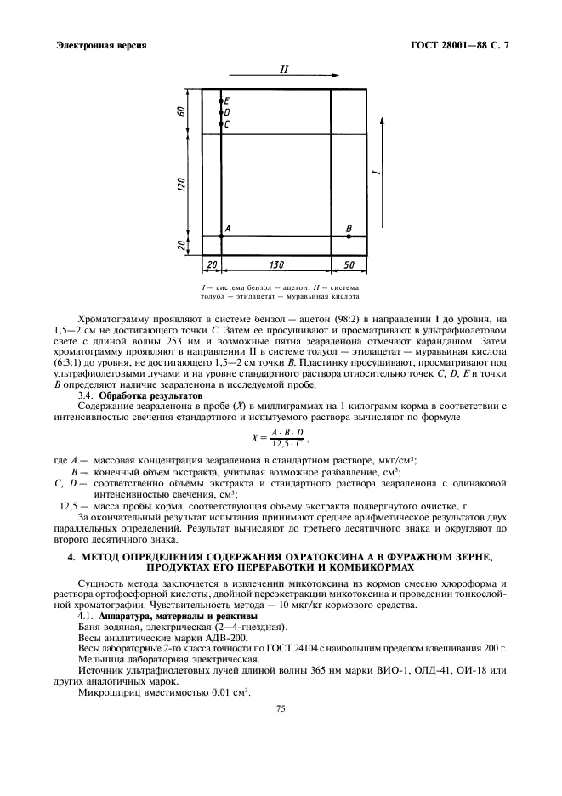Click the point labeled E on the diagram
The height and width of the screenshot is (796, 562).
(x=221, y=101)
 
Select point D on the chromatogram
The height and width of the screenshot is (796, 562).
(x=221, y=112)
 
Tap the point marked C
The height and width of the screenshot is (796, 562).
(x=221, y=124)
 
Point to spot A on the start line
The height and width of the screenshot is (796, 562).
(x=221, y=236)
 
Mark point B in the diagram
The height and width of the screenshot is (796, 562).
(x=349, y=236)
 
